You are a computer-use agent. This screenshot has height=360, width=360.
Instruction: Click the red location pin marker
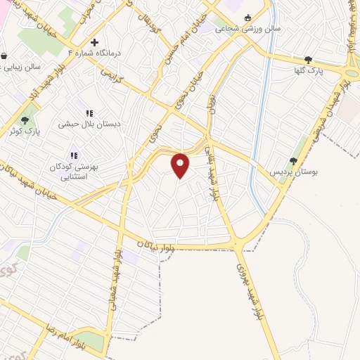coord(181,165)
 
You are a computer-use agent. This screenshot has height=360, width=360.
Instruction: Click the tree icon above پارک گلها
coord(308,60)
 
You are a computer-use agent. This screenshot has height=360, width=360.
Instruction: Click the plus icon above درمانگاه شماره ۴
coord(94,43)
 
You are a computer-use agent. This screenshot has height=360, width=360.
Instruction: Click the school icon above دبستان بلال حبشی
coord(89,112)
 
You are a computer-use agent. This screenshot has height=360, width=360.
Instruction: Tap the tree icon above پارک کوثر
coord(26,120)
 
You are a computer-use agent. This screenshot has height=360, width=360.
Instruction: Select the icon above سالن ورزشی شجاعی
coord(247,19)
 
